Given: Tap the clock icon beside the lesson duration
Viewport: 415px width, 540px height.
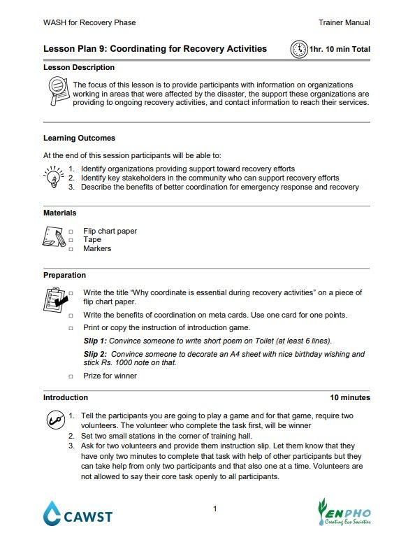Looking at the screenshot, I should tap(299, 50).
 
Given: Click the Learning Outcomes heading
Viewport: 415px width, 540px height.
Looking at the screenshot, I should tap(79, 138).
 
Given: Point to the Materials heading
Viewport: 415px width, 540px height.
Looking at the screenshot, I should tap(60, 213).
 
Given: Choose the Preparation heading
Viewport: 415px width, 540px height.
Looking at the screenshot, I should tap(64, 275).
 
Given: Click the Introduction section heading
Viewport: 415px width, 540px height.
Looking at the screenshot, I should tap(66, 397).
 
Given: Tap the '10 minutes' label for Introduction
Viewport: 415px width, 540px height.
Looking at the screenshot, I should tap(350, 397).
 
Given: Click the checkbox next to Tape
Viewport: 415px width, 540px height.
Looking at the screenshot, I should tap(71, 240).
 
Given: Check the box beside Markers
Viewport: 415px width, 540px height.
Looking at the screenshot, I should tap(71, 249).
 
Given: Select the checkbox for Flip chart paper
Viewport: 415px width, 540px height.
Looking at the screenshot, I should tap(71, 231).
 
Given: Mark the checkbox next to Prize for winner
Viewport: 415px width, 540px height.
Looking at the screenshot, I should tap(71, 376).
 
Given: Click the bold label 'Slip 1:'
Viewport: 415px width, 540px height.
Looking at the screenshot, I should tap(95, 341).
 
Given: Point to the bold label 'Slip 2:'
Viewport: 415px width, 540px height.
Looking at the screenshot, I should tap(95, 354).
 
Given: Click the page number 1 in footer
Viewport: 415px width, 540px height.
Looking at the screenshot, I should tap(215, 509).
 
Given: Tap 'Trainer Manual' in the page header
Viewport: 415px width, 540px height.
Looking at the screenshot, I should tap(344, 23).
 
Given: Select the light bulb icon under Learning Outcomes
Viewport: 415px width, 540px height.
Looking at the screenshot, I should tap(54, 178).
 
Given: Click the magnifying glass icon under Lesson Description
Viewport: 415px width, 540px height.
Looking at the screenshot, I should tap(55, 92).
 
